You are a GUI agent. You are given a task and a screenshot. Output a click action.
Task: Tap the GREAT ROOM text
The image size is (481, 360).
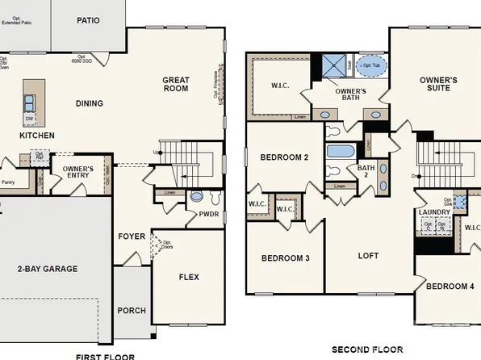175,84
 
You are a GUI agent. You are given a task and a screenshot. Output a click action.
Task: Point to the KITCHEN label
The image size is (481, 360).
37,136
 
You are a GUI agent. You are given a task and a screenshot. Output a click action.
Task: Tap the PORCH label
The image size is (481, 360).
132,310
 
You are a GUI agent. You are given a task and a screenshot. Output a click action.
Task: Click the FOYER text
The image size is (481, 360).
132,237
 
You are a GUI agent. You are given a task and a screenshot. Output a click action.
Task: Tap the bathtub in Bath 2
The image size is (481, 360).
338,151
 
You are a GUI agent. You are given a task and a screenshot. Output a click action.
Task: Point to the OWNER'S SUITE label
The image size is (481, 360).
438,86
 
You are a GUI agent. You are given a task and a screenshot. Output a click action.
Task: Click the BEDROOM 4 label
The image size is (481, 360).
450,287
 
